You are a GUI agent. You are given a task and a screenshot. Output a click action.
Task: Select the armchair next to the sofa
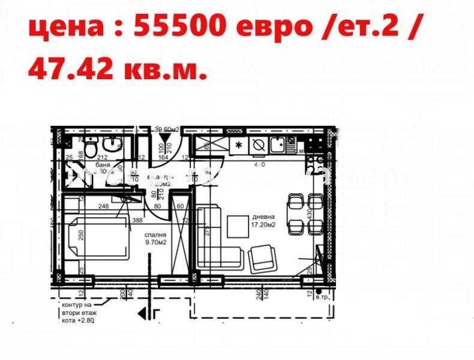point(262,258)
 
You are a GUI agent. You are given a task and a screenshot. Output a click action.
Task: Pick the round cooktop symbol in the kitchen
point(259,145)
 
